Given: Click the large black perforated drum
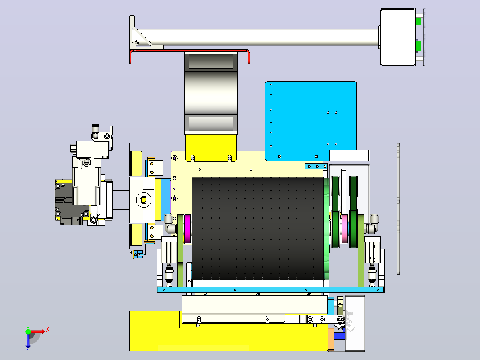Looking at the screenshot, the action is pyautogui.click(x=257, y=228).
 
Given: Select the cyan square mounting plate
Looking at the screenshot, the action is pyautogui.click(x=311, y=121).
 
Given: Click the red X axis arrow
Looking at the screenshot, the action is pyautogui.click(x=38, y=331).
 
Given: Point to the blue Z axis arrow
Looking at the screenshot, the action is pyautogui.click(x=28, y=341).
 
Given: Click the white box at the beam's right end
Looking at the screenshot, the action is pyautogui.click(x=398, y=37).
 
